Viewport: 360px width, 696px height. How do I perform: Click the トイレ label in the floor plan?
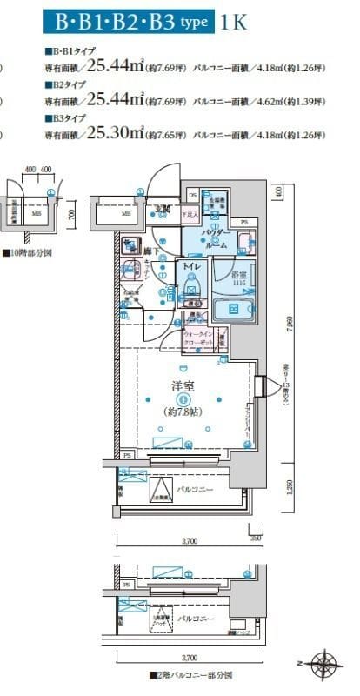coord(191,268)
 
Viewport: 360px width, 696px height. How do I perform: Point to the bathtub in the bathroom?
coord(231,309)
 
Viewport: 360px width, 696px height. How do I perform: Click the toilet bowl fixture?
coord(192,287)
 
